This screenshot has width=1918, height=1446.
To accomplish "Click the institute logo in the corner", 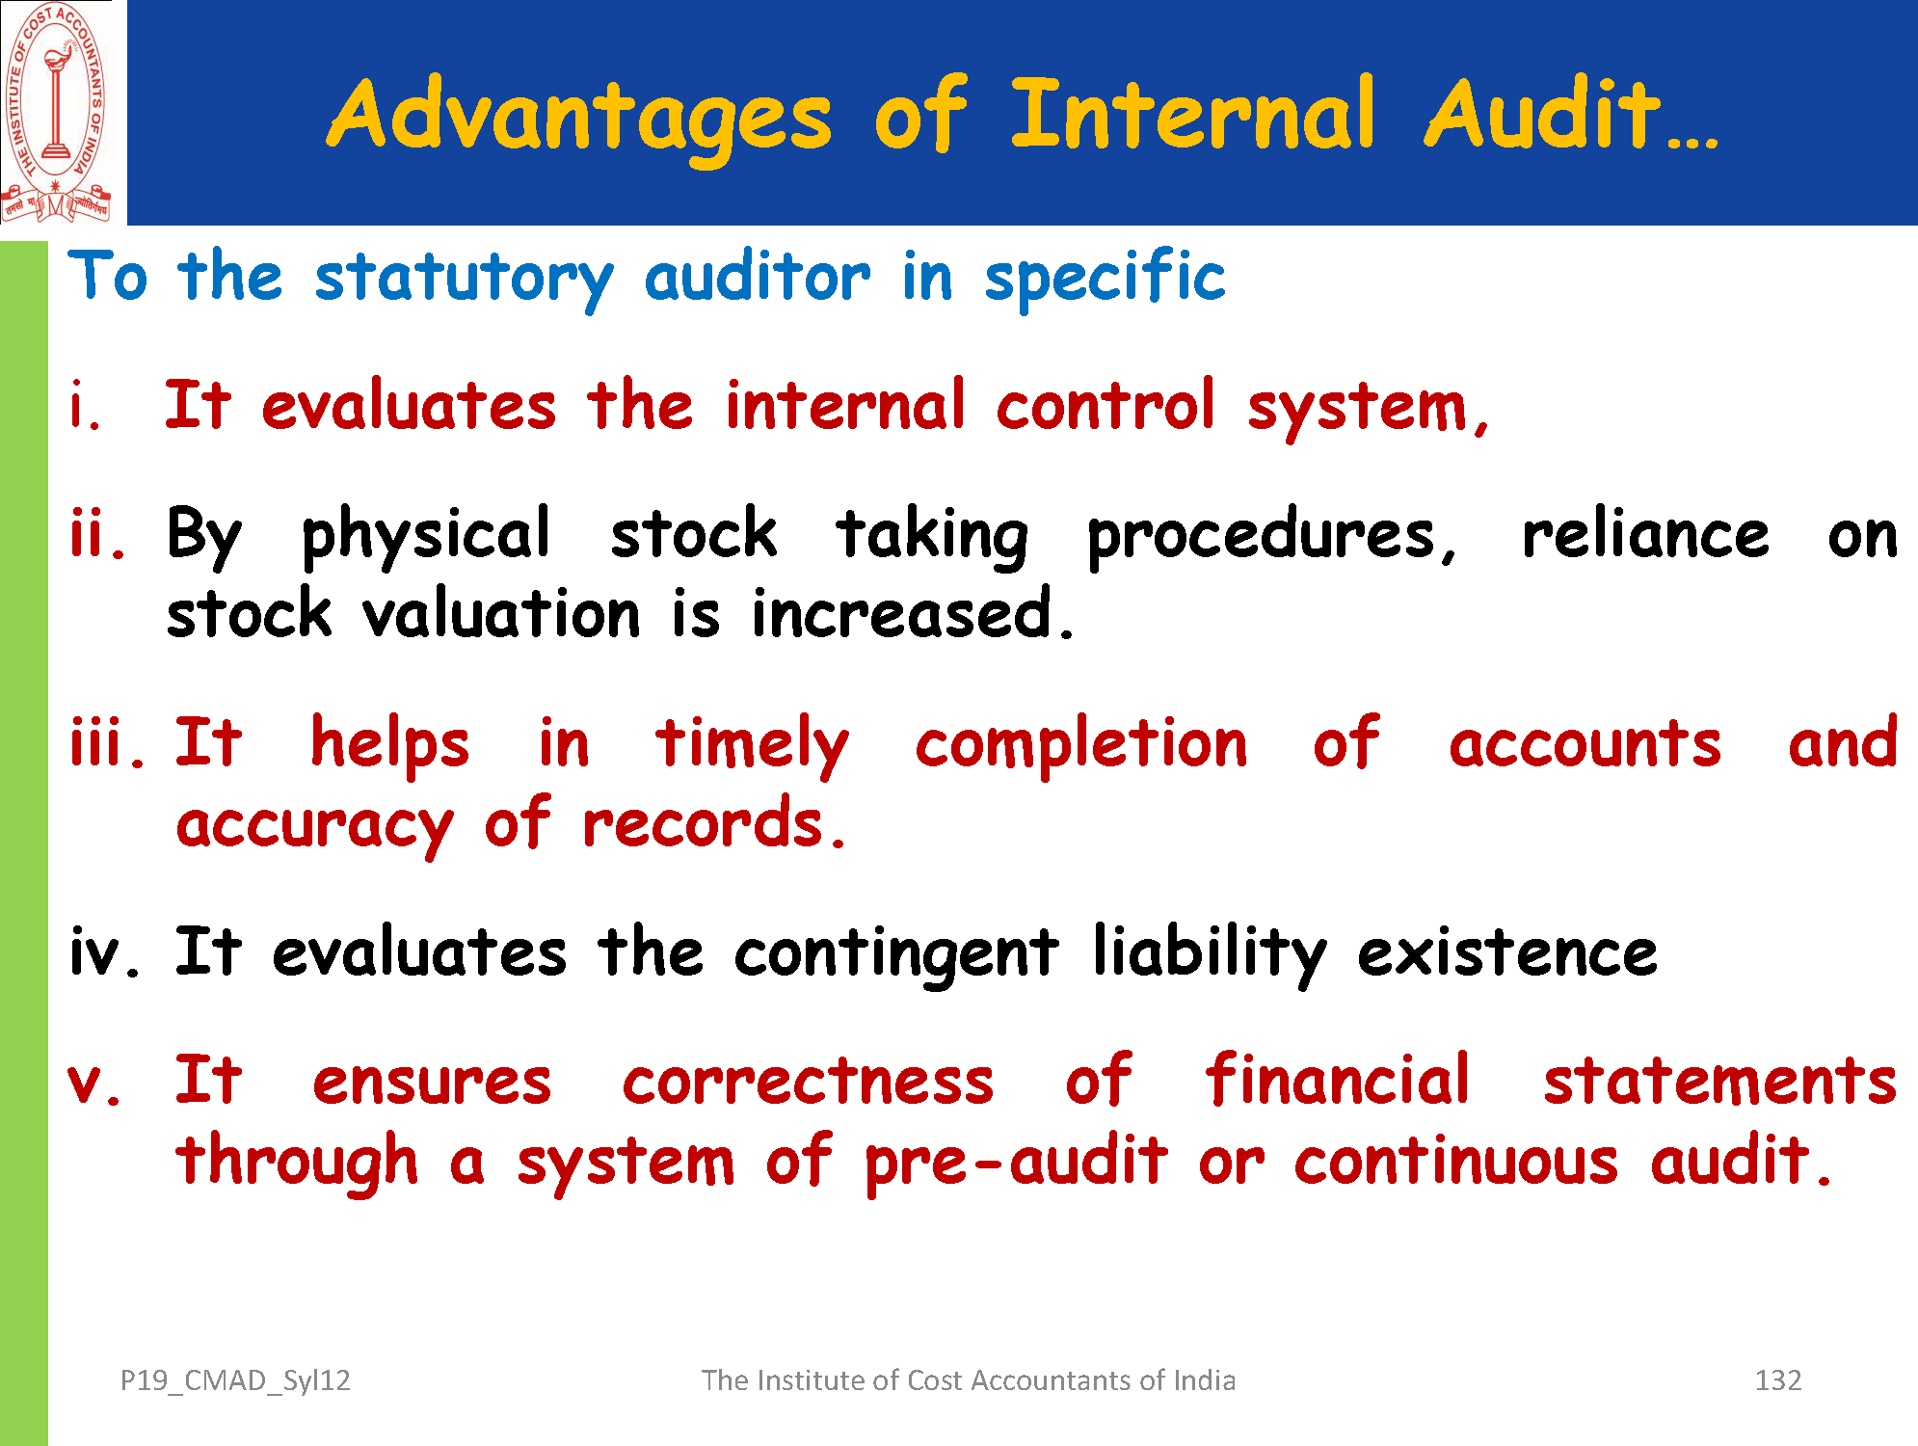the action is (x=57, y=113).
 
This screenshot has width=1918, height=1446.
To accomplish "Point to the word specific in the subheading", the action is (x=1105, y=279).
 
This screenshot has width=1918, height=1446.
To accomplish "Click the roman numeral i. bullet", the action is (x=85, y=406).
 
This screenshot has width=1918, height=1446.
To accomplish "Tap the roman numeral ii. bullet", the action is (x=97, y=534).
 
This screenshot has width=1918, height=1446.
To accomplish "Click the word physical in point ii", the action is (x=425, y=536).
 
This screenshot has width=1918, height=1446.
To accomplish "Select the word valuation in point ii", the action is (x=501, y=613).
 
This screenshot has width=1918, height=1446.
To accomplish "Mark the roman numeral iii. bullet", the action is (x=107, y=743).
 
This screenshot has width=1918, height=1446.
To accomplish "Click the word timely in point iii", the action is (x=752, y=746).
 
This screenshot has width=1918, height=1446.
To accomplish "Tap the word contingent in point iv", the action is (x=896, y=954).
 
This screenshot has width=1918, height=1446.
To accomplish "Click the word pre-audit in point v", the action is (x=1016, y=1163).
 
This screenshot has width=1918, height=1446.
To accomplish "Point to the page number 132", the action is (x=1778, y=1380).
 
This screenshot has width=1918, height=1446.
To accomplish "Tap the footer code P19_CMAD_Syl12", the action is (x=235, y=1381).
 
